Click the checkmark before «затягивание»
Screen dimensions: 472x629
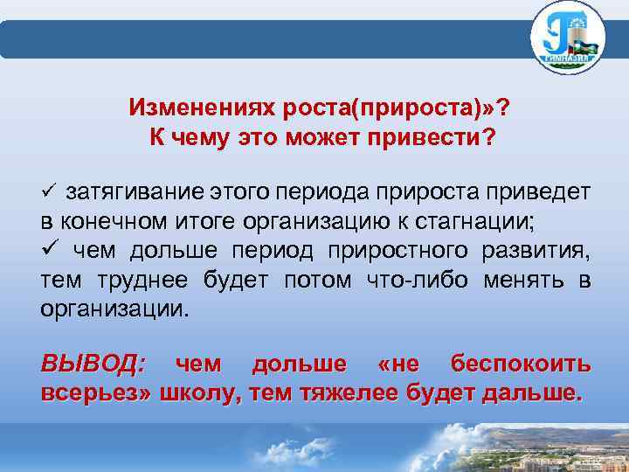49,191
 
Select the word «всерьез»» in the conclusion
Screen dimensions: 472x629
96,393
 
